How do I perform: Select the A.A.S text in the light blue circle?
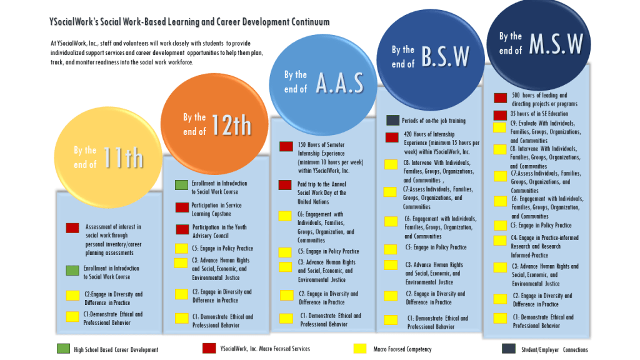pyautogui.click(x=339, y=82)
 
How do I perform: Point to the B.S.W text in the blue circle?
pyautogui.click(x=445, y=56)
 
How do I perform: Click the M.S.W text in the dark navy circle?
pyautogui.click(x=556, y=43)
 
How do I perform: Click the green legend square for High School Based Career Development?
pyautogui.click(x=63, y=348)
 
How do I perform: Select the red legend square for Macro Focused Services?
pyautogui.click(x=209, y=348)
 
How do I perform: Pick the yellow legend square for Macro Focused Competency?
pyautogui.click(x=360, y=348)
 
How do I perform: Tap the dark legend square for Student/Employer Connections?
pyautogui.click(x=509, y=348)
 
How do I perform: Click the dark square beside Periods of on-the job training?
pyautogui.click(x=392, y=120)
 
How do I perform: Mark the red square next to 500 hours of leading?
pyautogui.click(x=500, y=97)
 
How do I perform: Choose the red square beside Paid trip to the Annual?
pyautogui.click(x=285, y=184)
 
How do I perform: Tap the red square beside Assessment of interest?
pyautogui.click(x=72, y=228)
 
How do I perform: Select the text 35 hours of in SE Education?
pyautogui.click(x=539, y=114)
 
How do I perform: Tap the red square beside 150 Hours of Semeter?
pyautogui.click(x=286, y=146)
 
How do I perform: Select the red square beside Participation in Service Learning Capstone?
pyautogui.click(x=182, y=207)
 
